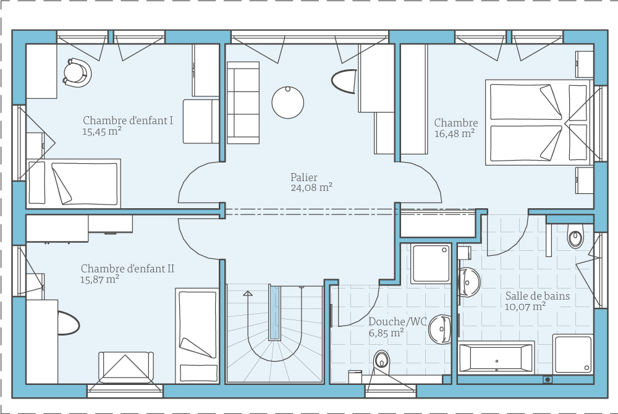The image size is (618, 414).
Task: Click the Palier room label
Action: coord(303,178)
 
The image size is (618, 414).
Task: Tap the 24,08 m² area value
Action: coord(311,187)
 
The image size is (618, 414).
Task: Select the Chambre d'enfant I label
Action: coord(128,120)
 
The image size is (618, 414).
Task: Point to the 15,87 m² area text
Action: coord(100,279)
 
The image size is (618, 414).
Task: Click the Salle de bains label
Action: coord(538,296)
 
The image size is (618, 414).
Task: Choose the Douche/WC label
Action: coord(397,322)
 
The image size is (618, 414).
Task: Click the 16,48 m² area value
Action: coord(454,133)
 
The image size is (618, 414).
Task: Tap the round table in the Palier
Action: coord(288,103)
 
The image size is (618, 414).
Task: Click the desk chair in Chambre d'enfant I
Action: coord(77,72)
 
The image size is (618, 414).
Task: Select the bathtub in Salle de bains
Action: coord(497,357)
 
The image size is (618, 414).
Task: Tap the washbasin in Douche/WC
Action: coord(440,329)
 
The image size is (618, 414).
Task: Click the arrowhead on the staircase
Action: coord(248,294)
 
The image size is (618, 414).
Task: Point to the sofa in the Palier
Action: coord(243,103)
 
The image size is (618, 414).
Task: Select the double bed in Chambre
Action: coord(539,122)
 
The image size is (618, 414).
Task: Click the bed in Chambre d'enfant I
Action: coord(74,184)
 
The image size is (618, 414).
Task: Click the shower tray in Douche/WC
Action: coord(431,263)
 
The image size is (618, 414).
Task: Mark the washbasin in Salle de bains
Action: coord(469,282)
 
